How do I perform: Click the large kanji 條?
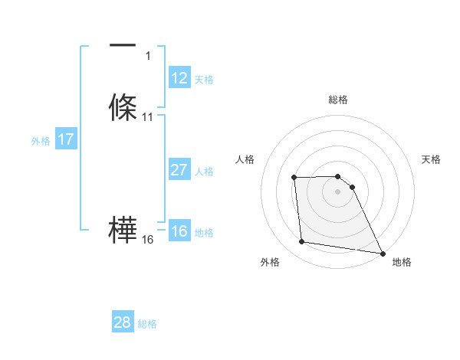pyautogui.click(x=123, y=107)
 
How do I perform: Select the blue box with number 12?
pyautogui.click(x=179, y=78)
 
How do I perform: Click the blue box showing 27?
pyautogui.click(x=179, y=170)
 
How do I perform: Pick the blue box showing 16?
pyautogui.click(x=179, y=231)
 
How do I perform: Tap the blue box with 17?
pyautogui.click(x=65, y=139)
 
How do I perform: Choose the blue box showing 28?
pyautogui.click(x=123, y=322)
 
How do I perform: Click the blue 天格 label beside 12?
pyautogui.click(x=204, y=79)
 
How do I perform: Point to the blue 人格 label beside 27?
pyautogui.click(x=205, y=171)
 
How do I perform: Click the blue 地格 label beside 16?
pyautogui.click(x=204, y=232)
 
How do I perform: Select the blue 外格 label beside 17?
pyautogui.click(x=41, y=140)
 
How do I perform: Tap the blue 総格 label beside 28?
pyautogui.click(x=147, y=324)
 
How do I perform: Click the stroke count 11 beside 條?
pyautogui.click(x=148, y=117)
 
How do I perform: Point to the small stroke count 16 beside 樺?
pyautogui.click(x=148, y=240)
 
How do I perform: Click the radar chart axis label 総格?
pyautogui.click(x=337, y=100)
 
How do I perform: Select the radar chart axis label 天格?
pyautogui.click(x=431, y=159)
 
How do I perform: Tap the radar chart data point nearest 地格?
pyautogui.click(x=382, y=253)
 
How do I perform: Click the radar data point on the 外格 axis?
pyautogui.click(x=302, y=242)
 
